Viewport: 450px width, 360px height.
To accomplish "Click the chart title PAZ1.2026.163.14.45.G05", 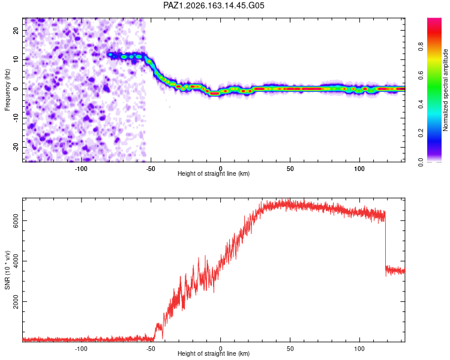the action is point(214,5).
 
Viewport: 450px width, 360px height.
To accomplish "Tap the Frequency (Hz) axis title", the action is point(7,90).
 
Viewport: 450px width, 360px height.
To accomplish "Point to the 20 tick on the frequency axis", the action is point(16,30).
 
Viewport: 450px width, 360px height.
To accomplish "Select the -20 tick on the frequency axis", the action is point(16,147).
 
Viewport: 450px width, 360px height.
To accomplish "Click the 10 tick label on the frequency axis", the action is point(16,59).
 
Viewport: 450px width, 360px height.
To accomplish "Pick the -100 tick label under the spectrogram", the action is point(81,169).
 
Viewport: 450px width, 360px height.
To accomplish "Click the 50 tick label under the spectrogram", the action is point(290,169).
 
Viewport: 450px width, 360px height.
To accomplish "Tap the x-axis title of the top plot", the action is point(214,173).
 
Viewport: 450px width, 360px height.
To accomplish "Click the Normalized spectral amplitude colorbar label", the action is point(445,90).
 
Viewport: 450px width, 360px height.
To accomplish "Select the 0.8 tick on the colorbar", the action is point(421,47).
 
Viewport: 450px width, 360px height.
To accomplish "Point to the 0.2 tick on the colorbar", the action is point(421,133).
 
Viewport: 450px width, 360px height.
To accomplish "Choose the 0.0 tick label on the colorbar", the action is point(421,162).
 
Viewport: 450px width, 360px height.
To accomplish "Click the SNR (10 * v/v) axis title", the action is point(7,270).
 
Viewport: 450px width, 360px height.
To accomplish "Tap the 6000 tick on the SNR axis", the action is point(16,220).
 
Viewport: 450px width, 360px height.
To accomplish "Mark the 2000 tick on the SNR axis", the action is point(16,301).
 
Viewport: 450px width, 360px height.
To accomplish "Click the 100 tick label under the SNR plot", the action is point(359,349).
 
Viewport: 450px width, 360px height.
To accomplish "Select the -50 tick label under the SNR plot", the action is point(151,349).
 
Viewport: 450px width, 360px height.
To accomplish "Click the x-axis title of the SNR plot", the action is point(214,353).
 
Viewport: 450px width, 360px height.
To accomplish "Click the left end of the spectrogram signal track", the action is point(109,54).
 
